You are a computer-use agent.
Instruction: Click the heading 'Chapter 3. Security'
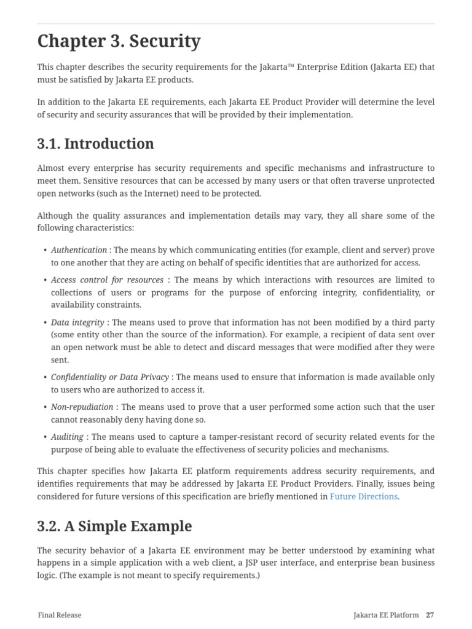click(x=119, y=42)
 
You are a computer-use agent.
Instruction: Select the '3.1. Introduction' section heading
click(x=95, y=144)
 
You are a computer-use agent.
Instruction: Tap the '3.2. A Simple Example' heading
click(x=114, y=526)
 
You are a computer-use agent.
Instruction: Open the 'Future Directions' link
click(x=364, y=496)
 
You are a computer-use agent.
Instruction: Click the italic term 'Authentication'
click(x=79, y=250)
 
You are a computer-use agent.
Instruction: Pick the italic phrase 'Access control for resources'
click(x=107, y=280)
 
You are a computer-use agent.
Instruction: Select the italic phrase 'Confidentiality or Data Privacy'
click(x=110, y=377)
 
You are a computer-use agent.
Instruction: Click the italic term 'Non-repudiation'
click(x=82, y=407)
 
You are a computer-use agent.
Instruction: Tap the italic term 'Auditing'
click(x=67, y=437)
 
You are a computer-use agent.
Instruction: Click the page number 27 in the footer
click(x=430, y=615)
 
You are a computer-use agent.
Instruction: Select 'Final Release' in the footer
click(x=59, y=615)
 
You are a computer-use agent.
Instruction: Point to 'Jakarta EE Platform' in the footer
click(x=386, y=615)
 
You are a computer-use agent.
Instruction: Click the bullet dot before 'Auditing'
click(x=45, y=437)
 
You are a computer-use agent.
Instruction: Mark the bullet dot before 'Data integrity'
click(x=45, y=322)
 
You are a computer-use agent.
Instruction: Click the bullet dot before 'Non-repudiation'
click(x=45, y=407)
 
